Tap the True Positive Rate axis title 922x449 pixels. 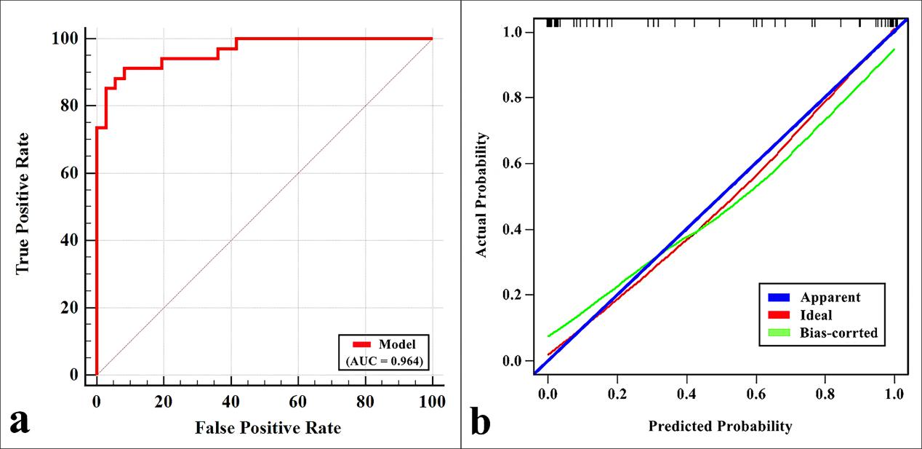[x=23, y=202]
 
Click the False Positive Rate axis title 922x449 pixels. [x=268, y=428]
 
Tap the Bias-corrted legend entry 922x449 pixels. [x=838, y=333]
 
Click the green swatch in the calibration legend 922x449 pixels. [x=780, y=333]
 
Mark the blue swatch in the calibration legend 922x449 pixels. [x=780, y=297]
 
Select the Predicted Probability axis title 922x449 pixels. [x=720, y=426]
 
